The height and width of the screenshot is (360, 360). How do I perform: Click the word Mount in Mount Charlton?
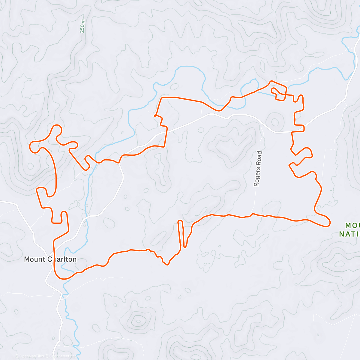(x=34, y=259)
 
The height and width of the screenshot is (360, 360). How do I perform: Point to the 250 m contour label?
(x=82, y=26)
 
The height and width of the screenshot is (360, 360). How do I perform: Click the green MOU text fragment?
(x=352, y=225)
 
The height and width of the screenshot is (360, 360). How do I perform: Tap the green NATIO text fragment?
(x=349, y=234)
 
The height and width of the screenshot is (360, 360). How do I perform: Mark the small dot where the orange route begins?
(x=154, y=115)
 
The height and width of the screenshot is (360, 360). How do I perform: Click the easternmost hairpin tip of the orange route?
(x=329, y=223)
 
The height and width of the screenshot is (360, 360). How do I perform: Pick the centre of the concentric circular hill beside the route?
(x=275, y=122)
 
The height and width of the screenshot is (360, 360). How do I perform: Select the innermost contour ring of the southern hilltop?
(x=138, y=321)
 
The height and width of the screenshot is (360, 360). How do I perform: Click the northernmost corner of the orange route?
(x=271, y=81)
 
